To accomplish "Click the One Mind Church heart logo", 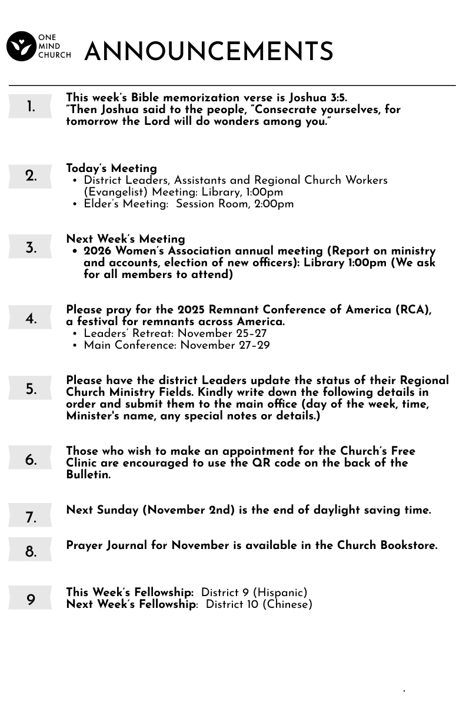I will pos(21,47).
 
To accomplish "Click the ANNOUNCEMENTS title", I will pos(209,52).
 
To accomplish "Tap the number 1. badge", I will pos(30,107).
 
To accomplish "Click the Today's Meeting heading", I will pos(111,168).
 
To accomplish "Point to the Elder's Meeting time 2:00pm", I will pos(274,204).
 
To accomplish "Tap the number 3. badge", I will pos(30,248).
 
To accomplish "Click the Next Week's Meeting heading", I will pos(125,239).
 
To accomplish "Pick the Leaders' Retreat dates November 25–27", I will pos(222,333).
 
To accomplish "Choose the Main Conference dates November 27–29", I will pos(225,345).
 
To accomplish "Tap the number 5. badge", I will pos(30,389).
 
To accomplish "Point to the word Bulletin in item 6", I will pos(87,475).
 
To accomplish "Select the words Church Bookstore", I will pos(387,545).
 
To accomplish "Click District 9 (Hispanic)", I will pos(254,593).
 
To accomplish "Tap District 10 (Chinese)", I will pos(258,604).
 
